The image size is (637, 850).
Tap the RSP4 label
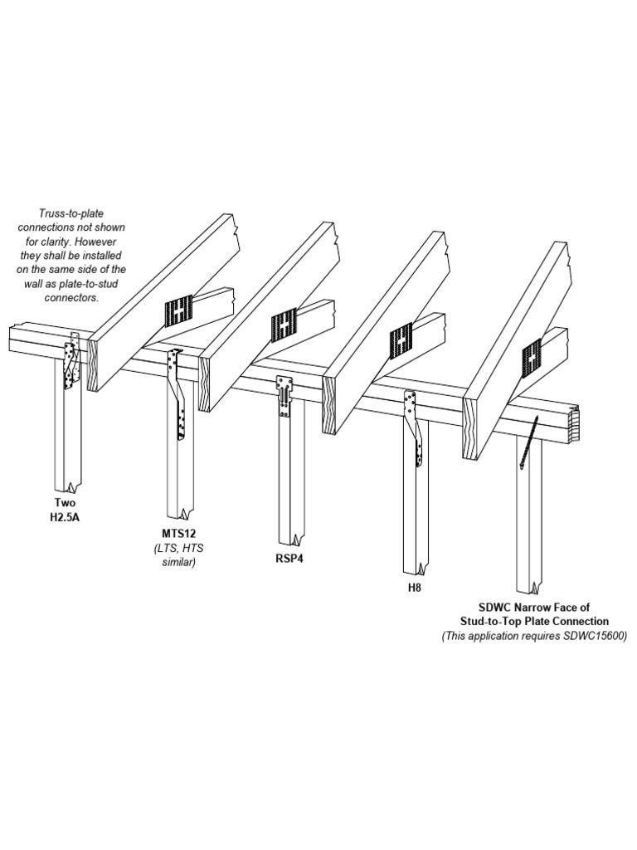tap(289, 559)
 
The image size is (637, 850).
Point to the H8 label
tap(414, 587)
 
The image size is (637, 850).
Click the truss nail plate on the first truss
tap(180, 312)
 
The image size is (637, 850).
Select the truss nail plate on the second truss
tap(284, 327)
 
